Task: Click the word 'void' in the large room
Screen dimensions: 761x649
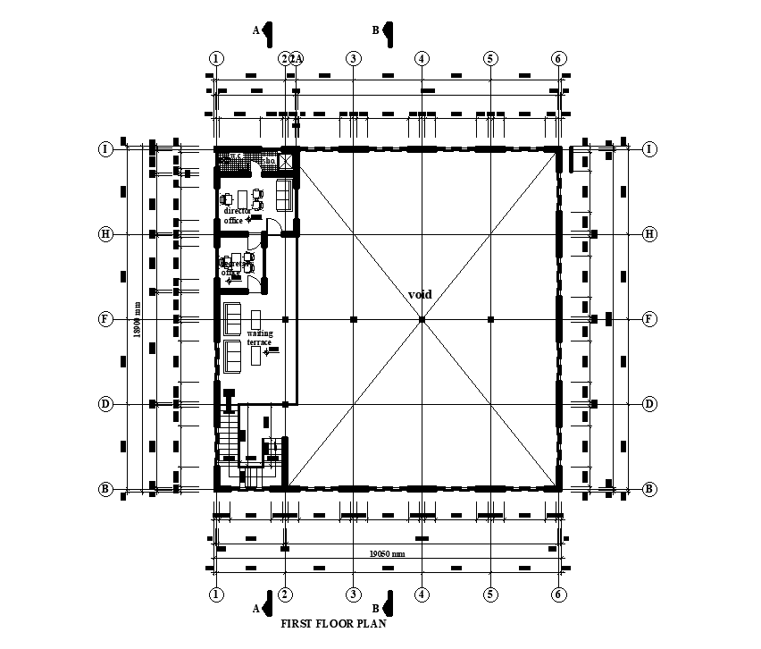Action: [420, 294]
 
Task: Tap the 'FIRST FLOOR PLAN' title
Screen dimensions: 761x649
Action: [334, 625]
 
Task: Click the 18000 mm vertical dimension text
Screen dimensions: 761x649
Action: [137, 318]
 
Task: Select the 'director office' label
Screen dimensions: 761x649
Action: [237, 215]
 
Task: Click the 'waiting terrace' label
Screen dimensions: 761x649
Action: [260, 338]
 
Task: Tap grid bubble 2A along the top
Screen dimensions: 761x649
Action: [297, 58]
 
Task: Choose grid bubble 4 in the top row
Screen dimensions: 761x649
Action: [422, 58]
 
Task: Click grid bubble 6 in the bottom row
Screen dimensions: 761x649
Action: [559, 594]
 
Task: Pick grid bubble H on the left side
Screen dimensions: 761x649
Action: [105, 234]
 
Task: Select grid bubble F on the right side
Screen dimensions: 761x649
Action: [649, 319]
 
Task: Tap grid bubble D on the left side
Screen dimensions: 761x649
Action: [105, 404]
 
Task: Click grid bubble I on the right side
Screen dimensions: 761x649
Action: [649, 149]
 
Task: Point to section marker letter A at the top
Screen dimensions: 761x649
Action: [256, 30]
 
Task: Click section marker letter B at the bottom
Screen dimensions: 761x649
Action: [376, 609]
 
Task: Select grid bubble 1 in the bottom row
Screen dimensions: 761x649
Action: [216, 594]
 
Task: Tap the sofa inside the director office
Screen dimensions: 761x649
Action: [284, 193]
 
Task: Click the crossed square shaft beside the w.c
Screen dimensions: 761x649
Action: [288, 161]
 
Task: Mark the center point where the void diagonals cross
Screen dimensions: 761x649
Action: [422, 319]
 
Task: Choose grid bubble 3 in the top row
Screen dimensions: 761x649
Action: [354, 58]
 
